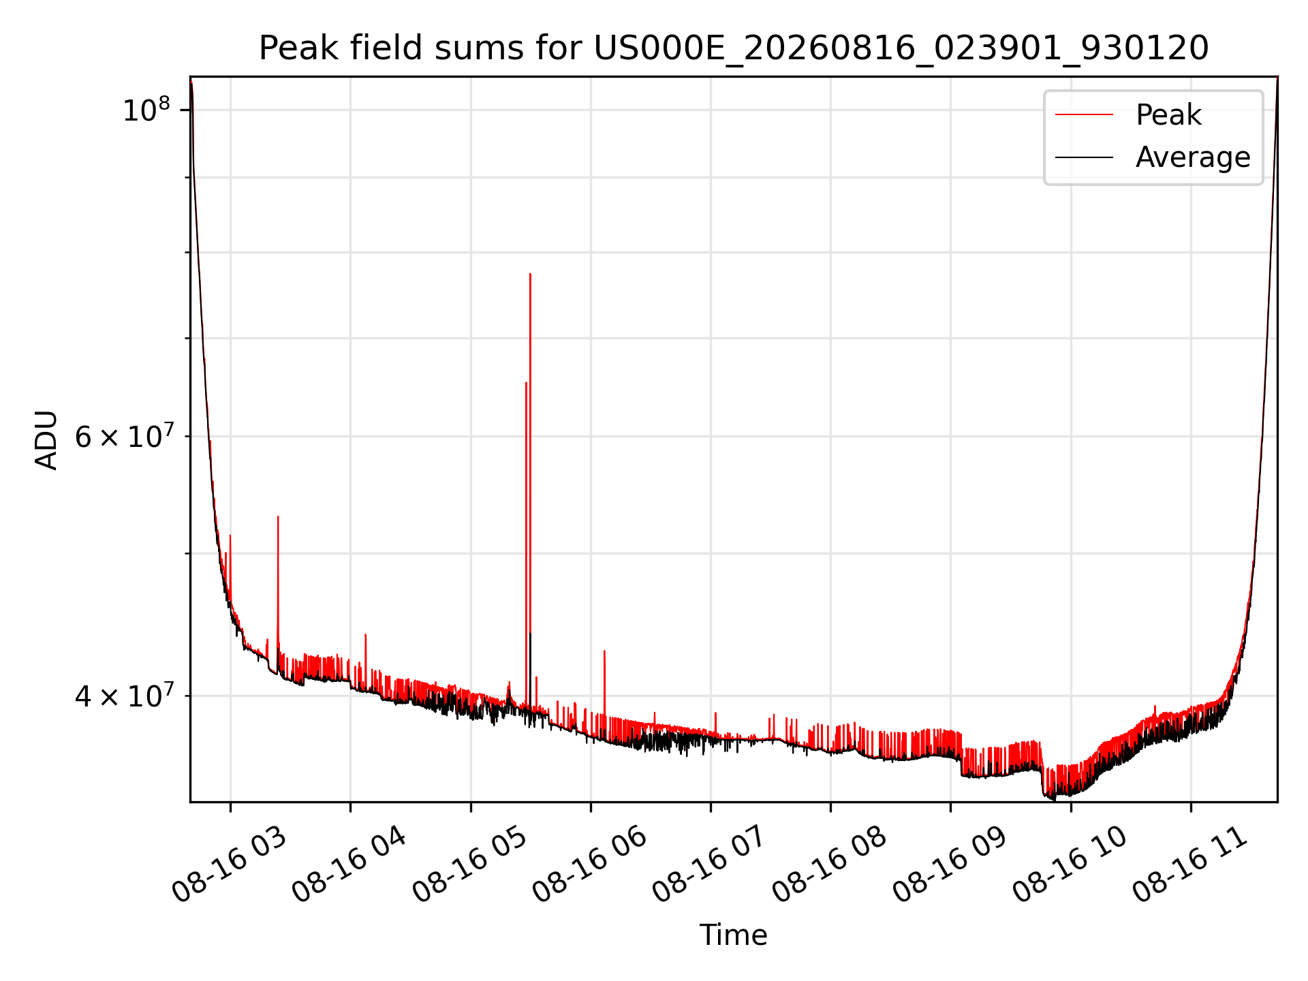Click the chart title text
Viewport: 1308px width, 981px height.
[734, 48]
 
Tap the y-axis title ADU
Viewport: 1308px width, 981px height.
[46, 440]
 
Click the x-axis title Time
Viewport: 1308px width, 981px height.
[734, 935]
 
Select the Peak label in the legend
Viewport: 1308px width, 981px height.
[1168, 115]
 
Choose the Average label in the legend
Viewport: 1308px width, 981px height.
[1193, 157]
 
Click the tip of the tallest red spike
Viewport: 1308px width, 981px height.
[530, 274]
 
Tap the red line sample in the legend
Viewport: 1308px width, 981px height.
[1084, 115]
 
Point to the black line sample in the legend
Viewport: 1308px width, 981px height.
[1084, 157]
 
